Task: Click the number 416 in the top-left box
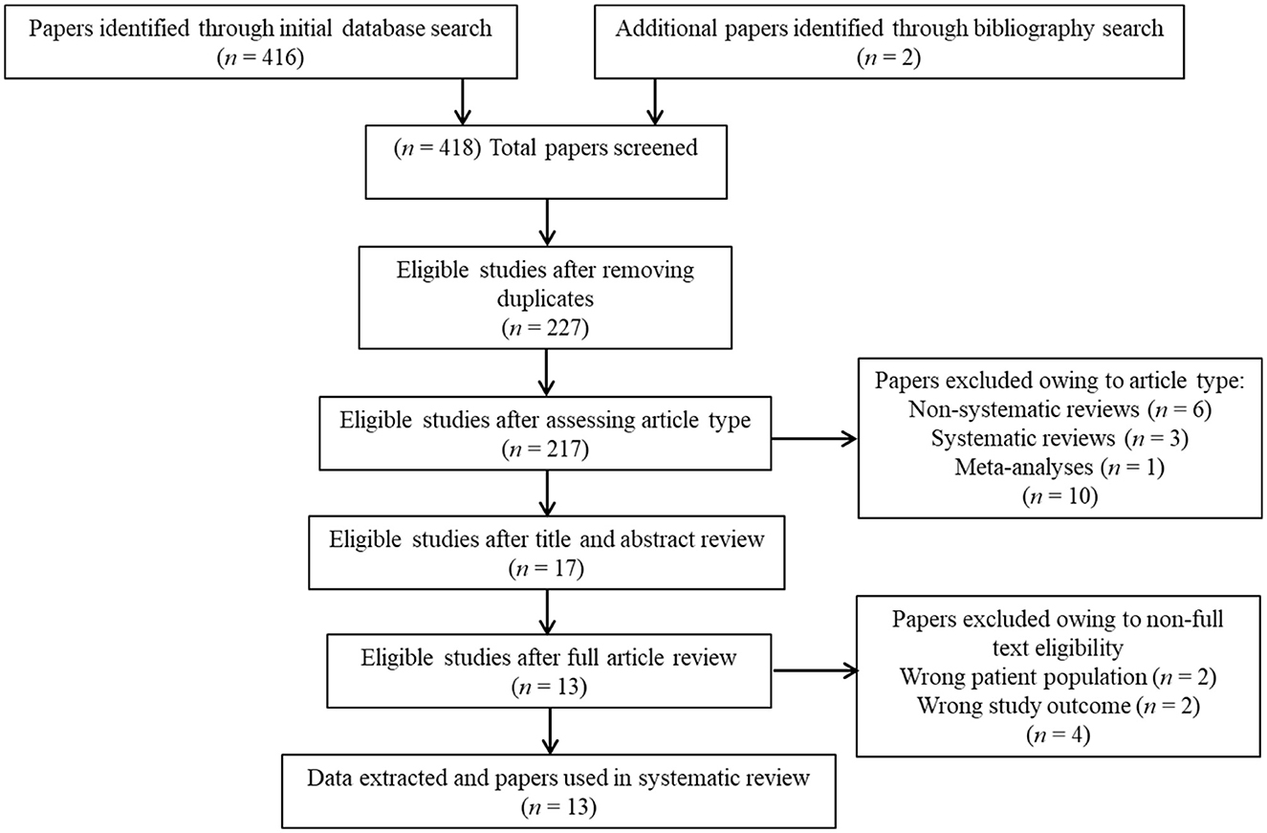(x=278, y=57)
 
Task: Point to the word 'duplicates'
(x=545, y=298)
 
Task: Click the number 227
(x=563, y=328)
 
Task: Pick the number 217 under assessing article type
(x=563, y=449)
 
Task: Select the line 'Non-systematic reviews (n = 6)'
(x=1060, y=409)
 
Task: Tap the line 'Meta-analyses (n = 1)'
(x=1060, y=467)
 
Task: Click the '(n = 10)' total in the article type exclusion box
(x=1060, y=495)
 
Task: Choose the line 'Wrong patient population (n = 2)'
(x=1058, y=677)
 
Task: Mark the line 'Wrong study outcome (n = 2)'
(x=1058, y=706)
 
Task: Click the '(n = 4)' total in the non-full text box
(x=1058, y=734)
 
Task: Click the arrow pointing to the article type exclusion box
(x=815, y=438)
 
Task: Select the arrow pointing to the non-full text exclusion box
(x=816, y=671)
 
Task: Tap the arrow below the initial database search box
(x=463, y=102)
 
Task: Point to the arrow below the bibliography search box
(x=654, y=102)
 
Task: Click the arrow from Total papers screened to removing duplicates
(x=547, y=223)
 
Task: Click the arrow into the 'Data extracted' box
(x=551, y=731)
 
